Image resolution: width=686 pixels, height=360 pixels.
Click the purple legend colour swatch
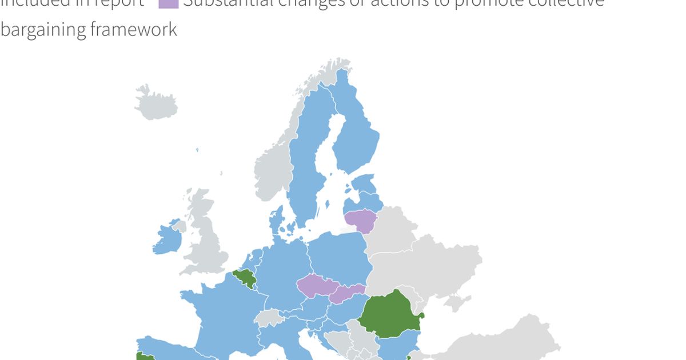pyautogui.click(x=169, y=3)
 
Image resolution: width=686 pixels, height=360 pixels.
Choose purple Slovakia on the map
pyautogui.click(x=348, y=293)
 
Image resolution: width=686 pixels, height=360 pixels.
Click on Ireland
pyautogui.click(x=167, y=239)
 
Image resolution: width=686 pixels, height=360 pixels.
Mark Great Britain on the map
pyautogui.click(x=206, y=240)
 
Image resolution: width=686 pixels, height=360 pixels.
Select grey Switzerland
pyautogui.click(x=269, y=318)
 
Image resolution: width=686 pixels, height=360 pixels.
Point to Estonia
pyautogui.click(x=364, y=185)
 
